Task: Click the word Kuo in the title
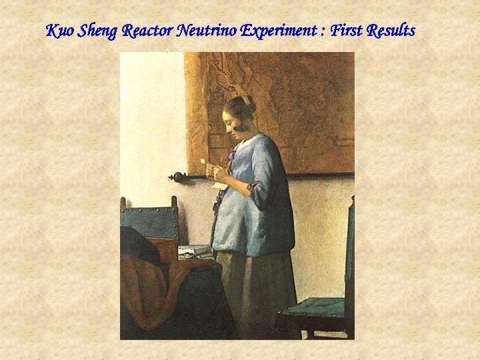click(x=60, y=31)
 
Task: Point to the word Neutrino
click(x=207, y=31)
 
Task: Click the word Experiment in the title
click(x=277, y=31)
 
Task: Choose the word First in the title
click(x=341, y=31)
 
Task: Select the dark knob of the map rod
click(x=177, y=177)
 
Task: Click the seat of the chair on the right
click(x=313, y=308)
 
